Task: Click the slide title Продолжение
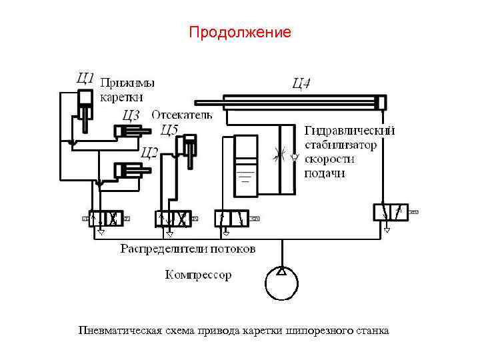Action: coord(240,32)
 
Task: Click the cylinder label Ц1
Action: coord(85,77)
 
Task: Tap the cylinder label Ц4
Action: coord(301,83)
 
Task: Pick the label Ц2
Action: coord(149,153)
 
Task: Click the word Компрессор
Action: coord(198,275)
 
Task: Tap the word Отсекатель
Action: coord(181,115)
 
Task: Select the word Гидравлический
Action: coord(349,130)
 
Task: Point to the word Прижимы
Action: coord(127,83)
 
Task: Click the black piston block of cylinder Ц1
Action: coord(85,98)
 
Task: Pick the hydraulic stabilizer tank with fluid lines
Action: coord(247,165)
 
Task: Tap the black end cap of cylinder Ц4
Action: coord(380,103)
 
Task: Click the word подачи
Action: coord(325,173)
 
